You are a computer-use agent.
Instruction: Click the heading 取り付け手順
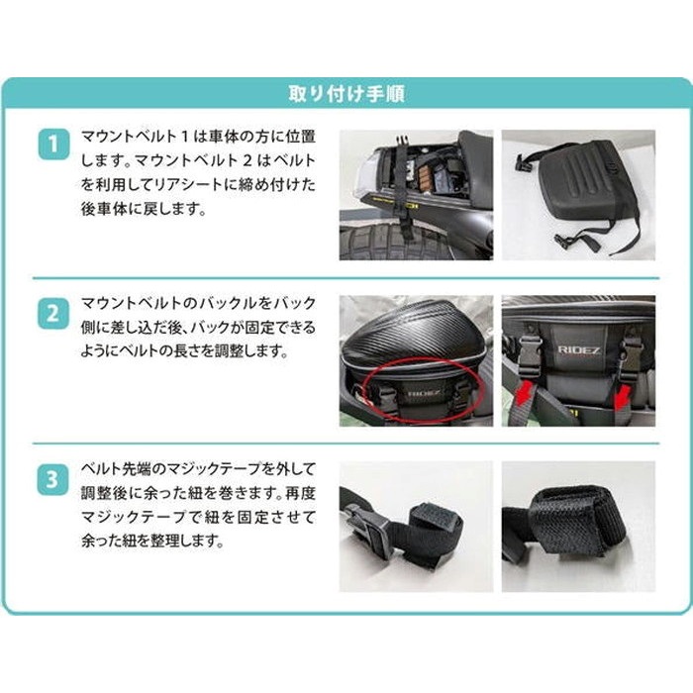[x=346, y=94]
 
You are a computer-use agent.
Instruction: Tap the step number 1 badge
[x=53, y=145]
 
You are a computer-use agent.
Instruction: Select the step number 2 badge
[x=53, y=314]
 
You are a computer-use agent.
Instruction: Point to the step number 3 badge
[x=53, y=479]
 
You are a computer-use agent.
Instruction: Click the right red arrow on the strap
[x=624, y=395]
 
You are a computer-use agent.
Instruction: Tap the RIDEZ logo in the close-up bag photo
[x=579, y=350]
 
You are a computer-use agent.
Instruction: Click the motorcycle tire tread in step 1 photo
[x=398, y=243]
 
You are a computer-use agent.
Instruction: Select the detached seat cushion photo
[x=578, y=195]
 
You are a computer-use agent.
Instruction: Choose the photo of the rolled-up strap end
[x=578, y=527]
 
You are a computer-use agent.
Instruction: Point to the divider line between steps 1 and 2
[x=346, y=278]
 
